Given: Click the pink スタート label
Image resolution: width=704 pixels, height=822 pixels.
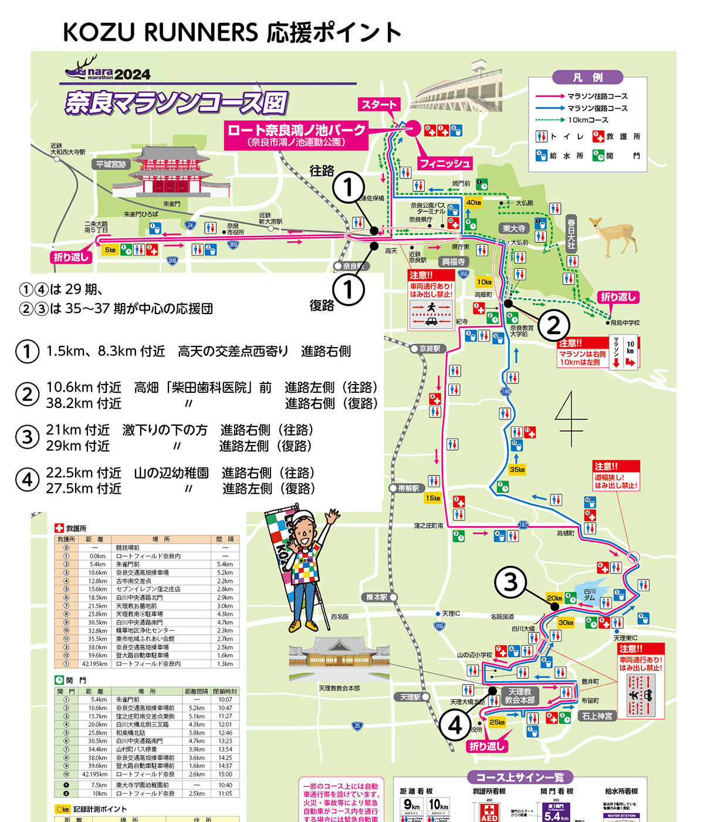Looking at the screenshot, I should (x=379, y=105).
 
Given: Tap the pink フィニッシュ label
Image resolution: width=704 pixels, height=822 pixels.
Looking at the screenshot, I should (x=445, y=163).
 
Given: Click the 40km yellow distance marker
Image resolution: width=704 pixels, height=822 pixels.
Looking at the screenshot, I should (x=473, y=203).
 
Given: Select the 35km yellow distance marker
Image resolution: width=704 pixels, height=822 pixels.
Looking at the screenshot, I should (x=517, y=469).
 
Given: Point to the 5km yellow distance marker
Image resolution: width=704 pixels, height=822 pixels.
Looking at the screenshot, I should (x=110, y=250).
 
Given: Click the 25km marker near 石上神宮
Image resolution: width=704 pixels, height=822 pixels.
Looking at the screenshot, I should (x=497, y=722).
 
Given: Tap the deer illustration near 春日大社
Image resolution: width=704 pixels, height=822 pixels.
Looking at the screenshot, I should (x=614, y=234).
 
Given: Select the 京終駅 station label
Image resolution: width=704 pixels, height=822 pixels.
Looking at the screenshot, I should (x=429, y=349).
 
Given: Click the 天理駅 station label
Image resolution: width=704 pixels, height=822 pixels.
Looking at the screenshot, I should (x=410, y=697).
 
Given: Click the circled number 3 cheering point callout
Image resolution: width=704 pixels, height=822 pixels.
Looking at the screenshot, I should (x=510, y=582).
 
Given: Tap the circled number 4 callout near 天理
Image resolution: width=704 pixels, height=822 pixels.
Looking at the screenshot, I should (x=455, y=726).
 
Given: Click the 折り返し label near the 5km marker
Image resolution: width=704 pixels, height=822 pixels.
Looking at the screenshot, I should (x=71, y=257).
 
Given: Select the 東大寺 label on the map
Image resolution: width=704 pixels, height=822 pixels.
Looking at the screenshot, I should (x=513, y=228).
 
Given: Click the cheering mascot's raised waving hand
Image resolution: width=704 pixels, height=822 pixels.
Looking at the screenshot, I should (x=333, y=517).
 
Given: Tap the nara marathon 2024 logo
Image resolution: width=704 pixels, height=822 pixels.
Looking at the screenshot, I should (x=109, y=70).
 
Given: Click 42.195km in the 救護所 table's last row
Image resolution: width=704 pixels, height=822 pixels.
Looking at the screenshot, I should (x=94, y=664).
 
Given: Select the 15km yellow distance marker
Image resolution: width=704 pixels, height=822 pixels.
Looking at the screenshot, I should (x=432, y=498).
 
